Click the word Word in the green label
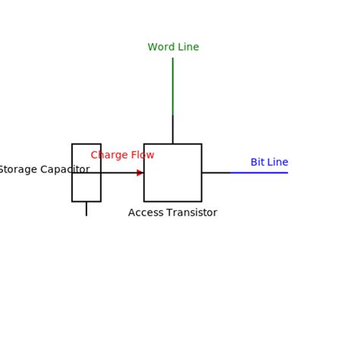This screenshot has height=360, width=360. pyautogui.click(x=160, y=47)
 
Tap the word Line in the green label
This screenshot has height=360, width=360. pyautogui.click(x=187, y=47)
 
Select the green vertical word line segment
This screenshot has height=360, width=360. pyautogui.click(x=172, y=86)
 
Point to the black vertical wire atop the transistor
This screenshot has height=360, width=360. pyautogui.click(x=172, y=129)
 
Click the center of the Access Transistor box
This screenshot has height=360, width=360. pyautogui.click(x=172, y=172)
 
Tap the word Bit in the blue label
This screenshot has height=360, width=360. pyautogui.click(x=257, y=163)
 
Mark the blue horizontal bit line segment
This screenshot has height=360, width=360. pyautogui.click(x=259, y=172)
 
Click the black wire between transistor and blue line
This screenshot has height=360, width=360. pyautogui.click(x=216, y=172)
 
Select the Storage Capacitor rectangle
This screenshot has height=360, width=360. pyautogui.click(x=86, y=186)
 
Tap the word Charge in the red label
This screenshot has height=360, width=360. pyautogui.click(x=109, y=155)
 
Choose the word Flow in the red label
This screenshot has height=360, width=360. pyautogui.click(x=142, y=155)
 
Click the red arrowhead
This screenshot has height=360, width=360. pyautogui.click(x=141, y=172)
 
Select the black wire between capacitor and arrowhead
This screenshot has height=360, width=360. pyautogui.click(x=118, y=172)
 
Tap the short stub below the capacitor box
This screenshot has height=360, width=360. pyautogui.click(x=86, y=208)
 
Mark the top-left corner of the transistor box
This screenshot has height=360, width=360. pyautogui.click(x=144, y=144)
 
